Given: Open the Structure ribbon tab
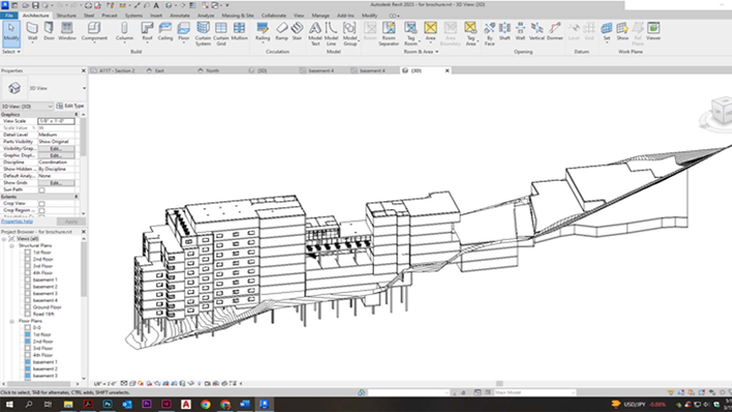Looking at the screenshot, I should [66, 16].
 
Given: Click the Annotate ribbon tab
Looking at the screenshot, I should [180, 16].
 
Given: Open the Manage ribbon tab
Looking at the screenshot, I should [320, 16].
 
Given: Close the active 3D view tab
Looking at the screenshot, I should [447, 71].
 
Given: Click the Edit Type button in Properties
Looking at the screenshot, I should [70, 106].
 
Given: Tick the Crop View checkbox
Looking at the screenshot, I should [42, 204].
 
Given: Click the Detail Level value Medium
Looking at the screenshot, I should [56, 135].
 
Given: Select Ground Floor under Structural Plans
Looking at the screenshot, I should [47, 307].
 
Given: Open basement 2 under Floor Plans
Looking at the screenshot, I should [45, 369].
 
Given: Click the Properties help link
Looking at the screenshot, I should [17, 222].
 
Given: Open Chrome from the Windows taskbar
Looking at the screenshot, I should [205, 404].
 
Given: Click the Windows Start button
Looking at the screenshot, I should [9, 404].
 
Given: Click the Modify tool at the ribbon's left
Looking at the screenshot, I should [11, 32].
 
